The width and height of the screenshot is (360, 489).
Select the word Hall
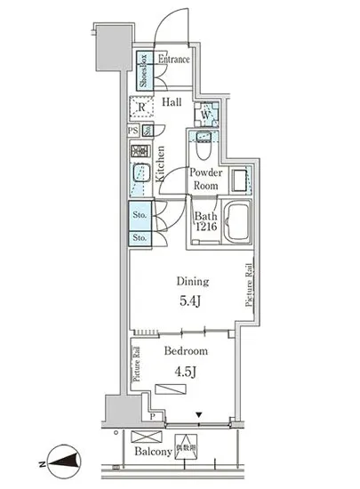click(x=172, y=102)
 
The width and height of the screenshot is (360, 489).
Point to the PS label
click(x=132, y=132)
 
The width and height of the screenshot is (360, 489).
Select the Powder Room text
click(x=206, y=179)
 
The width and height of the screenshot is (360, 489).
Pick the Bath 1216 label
click(x=206, y=222)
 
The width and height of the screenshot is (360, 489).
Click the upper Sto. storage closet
click(x=139, y=214)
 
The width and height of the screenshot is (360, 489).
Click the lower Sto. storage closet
click(x=139, y=238)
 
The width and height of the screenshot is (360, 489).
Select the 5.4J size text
click(x=188, y=303)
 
